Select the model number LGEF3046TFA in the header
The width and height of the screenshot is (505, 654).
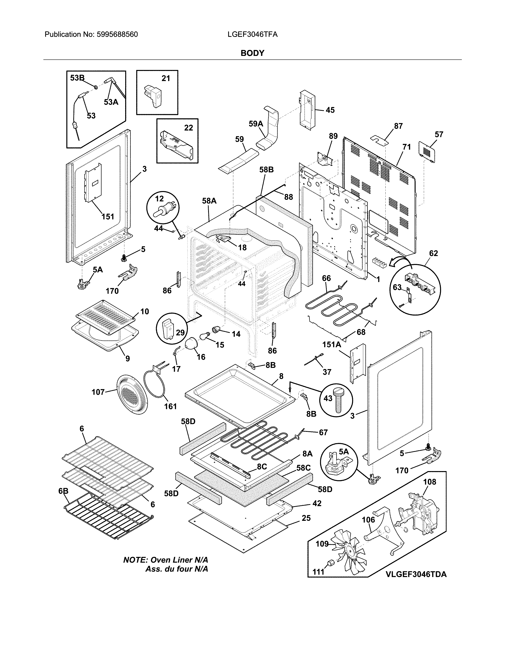point(252,34)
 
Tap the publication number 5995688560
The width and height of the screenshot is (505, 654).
point(117,34)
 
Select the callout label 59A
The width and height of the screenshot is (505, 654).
point(256,124)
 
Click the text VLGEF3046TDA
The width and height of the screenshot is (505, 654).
point(416,574)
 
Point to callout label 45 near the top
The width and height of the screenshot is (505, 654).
point(330,110)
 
